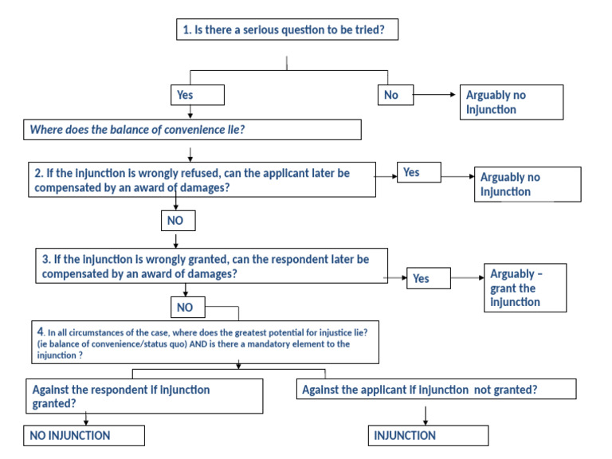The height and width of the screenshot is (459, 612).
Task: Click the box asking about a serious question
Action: [286, 30]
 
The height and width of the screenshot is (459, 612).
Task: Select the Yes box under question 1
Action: [198, 95]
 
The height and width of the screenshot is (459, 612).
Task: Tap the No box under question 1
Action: [394, 95]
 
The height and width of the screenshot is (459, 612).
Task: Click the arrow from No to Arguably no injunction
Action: [435, 95]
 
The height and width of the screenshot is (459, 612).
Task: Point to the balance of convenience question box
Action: [191, 129]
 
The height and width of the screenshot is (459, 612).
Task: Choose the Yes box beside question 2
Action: [419, 172]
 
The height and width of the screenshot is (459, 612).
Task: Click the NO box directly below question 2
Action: [178, 221]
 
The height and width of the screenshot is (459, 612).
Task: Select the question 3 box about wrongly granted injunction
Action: [212, 266]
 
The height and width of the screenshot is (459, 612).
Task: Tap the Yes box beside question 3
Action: [428, 278]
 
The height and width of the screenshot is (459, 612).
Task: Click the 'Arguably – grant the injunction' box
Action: [524, 288]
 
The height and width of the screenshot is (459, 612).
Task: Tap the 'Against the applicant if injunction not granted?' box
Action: [436, 390]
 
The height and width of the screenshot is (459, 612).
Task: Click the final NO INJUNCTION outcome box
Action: [84, 435]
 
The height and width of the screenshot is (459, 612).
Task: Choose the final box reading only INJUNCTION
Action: [428, 435]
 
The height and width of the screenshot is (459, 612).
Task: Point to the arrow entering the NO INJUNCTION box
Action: [85, 419]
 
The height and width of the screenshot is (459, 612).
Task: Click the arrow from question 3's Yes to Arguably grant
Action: [466, 278]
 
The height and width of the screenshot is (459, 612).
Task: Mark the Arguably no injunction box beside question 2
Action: [527, 184]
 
